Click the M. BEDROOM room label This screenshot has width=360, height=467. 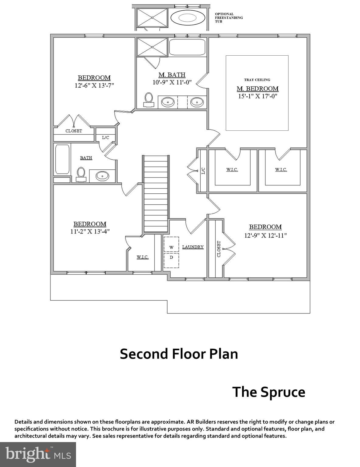tap(258, 89)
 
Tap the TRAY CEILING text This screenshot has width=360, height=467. tap(257, 80)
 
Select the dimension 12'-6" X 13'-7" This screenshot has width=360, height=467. tap(94, 85)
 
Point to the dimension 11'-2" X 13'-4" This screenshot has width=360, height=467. tap(90, 231)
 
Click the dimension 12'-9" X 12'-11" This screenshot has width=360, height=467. tap(265, 235)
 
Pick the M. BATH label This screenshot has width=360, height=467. tap(172, 75)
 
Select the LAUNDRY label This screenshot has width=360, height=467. tap(193, 247)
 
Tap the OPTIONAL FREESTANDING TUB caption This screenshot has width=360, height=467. tap(229, 18)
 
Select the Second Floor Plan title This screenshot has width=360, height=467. tap(179, 354)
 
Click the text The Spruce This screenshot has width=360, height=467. tap(268, 392)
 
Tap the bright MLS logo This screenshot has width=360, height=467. tap(38, 454)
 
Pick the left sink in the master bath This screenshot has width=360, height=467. tap(168, 102)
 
